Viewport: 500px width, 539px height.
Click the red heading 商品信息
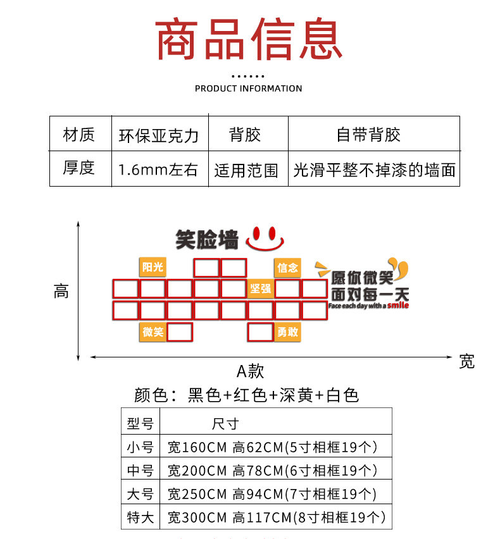click(249, 40)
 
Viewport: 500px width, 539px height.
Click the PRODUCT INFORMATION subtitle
click(249, 89)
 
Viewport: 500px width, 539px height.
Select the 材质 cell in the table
click(79, 134)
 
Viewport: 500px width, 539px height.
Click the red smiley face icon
click(265, 237)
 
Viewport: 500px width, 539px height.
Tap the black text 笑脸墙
click(207, 239)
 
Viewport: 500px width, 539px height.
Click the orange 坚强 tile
click(260, 289)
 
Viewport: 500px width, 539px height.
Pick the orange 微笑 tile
click(153, 332)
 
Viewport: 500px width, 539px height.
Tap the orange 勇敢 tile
click(287, 332)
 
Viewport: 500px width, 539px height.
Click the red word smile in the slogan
click(398, 306)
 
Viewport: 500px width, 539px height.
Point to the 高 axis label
click(61, 292)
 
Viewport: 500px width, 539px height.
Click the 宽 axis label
click(466, 361)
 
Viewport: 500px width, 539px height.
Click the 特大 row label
click(141, 517)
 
